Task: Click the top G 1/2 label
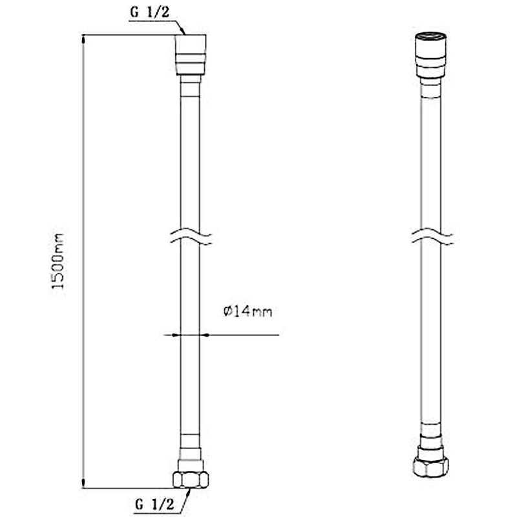150,12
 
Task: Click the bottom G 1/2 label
154,504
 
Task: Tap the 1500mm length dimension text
58,261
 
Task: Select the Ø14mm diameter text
248,311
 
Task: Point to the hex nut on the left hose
191,479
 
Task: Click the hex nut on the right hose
430,465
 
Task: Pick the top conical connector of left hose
191,55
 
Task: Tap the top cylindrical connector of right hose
430,55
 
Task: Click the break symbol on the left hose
191,237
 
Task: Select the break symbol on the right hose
432,237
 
